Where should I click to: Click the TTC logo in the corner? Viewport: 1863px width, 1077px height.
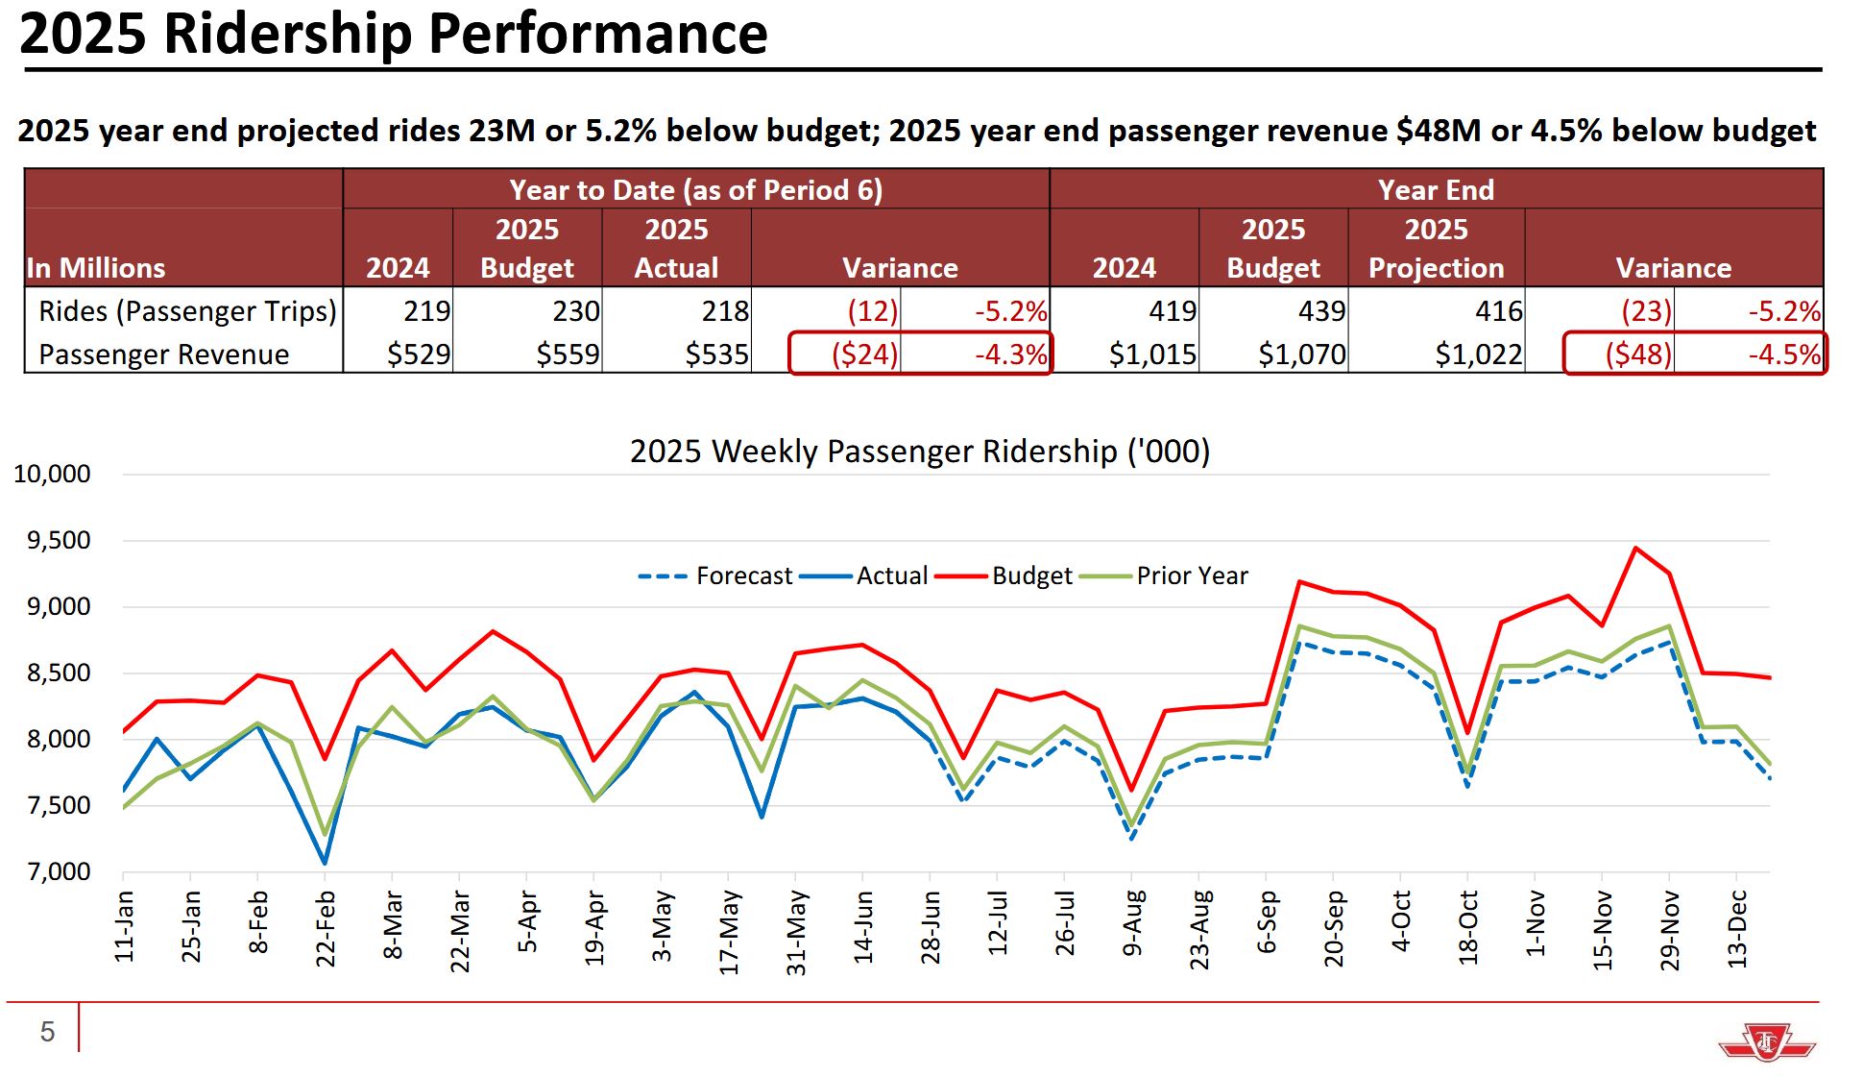[x=1766, y=1041]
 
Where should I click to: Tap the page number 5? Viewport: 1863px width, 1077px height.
[x=47, y=1032]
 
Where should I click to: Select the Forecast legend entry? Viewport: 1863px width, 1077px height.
[x=715, y=575]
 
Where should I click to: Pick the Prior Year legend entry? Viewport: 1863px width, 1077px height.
[x=1164, y=575]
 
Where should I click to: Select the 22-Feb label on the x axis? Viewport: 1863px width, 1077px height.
[x=326, y=929]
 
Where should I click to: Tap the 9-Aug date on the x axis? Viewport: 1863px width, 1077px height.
[x=1132, y=923]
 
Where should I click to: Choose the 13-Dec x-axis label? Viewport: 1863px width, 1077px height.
[x=1736, y=929]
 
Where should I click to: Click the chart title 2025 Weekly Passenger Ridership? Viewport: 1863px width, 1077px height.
[x=919, y=451]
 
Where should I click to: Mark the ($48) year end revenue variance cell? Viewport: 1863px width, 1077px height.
[x=1638, y=354]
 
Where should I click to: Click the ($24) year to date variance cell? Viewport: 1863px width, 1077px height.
[x=864, y=354]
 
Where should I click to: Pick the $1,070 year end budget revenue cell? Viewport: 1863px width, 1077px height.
[x=1302, y=354]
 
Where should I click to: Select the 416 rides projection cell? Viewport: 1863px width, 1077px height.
[x=1498, y=310]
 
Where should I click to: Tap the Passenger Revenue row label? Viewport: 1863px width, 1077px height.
[x=163, y=354]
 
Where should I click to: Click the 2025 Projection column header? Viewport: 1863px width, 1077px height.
[x=1436, y=248]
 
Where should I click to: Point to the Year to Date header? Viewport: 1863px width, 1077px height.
[x=695, y=189]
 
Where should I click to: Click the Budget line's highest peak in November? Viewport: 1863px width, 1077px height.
[x=1635, y=548]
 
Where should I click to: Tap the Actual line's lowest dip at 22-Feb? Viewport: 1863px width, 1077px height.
[x=325, y=862]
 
